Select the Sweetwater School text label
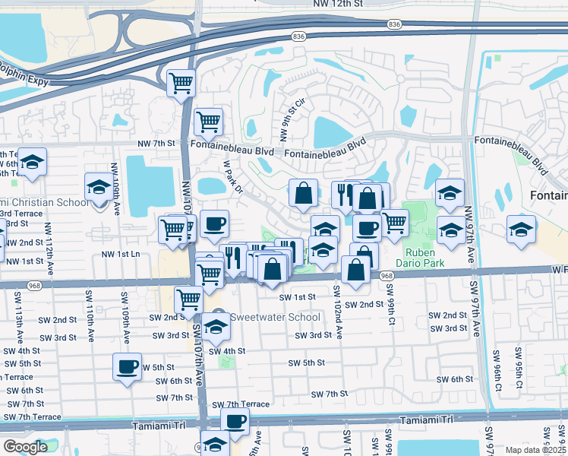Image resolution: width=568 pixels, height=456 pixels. click(x=265, y=316)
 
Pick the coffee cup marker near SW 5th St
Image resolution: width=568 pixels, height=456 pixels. click(x=127, y=367)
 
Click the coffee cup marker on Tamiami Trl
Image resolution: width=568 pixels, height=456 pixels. click(x=235, y=420)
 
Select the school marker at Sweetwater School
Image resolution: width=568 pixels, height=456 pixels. click(x=216, y=327)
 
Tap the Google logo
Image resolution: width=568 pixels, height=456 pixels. click(x=25, y=447)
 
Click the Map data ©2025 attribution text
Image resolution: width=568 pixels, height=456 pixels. click(x=535, y=450)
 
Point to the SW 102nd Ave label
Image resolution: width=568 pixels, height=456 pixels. click(x=336, y=311)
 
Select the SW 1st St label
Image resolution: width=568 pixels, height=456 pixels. click(x=297, y=297)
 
